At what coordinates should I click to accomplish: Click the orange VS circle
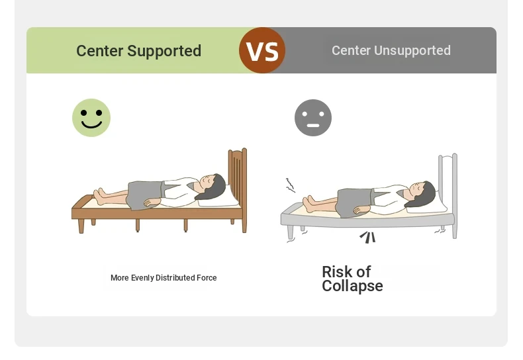tap(262, 50)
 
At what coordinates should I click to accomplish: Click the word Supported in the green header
tap(164, 52)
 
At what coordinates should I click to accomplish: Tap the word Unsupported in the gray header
tap(412, 51)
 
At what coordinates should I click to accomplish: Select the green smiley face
tap(91, 118)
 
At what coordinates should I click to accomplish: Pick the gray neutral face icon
tap(313, 118)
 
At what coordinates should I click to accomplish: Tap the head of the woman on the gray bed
tap(423, 193)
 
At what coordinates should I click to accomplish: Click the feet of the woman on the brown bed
tap(100, 197)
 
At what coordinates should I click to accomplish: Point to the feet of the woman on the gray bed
tap(309, 204)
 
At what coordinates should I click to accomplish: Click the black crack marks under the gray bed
tap(368, 237)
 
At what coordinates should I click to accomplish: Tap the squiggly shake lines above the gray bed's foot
tap(290, 185)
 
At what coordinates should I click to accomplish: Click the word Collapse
tap(352, 287)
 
